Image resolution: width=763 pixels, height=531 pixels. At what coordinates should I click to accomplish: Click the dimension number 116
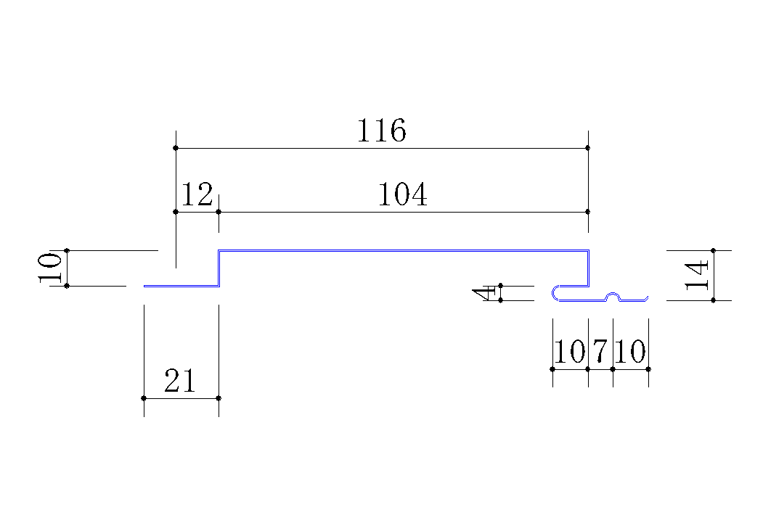pos(382,131)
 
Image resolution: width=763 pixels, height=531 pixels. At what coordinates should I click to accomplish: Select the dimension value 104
pos(402,194)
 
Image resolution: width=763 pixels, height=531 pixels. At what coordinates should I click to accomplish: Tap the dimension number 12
pos(197,194)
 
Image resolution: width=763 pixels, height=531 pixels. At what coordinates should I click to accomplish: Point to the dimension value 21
pos(180,380)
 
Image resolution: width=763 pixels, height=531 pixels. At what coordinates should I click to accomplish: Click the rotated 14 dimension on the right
pos(696,275)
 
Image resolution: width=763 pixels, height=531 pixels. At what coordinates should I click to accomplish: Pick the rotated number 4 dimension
pos(484,294)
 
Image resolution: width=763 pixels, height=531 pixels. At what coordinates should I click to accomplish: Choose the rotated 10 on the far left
pos(50,268)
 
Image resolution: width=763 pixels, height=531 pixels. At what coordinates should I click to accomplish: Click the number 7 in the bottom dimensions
pos(600,350)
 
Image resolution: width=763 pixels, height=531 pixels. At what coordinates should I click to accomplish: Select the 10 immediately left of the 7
pos(570,351)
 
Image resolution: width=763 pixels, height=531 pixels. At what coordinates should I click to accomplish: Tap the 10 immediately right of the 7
pos(630,351)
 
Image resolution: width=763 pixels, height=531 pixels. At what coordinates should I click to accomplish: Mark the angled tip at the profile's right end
pos(646,298)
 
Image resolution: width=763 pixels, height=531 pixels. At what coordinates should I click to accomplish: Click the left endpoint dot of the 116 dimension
pos(176,148)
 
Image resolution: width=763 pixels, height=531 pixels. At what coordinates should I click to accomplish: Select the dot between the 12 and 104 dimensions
pos(219,212)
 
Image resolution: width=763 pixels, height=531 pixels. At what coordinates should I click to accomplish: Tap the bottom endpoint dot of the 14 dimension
pos(714,300)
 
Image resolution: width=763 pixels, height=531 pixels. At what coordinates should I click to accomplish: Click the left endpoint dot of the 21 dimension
pos(144,398)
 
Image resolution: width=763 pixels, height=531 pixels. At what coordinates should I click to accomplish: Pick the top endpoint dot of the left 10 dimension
pos(67,250)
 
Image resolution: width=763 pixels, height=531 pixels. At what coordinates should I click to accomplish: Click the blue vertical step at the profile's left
pos(219,268)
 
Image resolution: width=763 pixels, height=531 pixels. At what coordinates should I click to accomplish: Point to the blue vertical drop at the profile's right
pos(588,268)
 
